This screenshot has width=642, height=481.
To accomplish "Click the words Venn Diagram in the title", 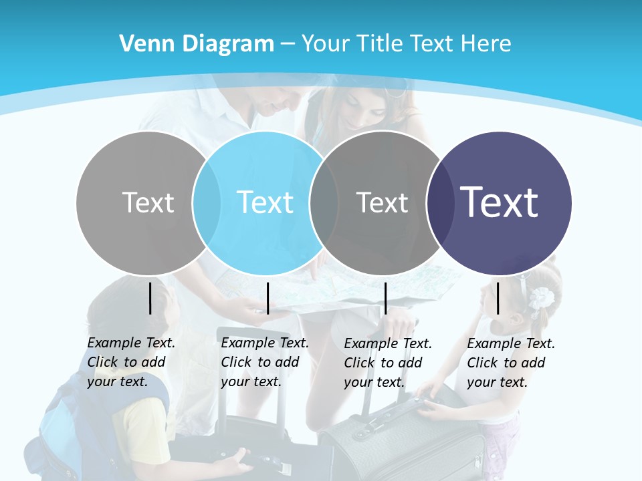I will (197, 43).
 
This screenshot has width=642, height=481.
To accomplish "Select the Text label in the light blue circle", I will (265, 202).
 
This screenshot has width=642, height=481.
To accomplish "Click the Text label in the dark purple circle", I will (500, 202).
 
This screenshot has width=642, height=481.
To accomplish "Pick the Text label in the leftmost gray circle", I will (148, 202).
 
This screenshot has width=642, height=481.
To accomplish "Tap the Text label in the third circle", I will (382, 202).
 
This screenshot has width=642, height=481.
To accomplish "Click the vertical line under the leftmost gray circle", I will (150, 298).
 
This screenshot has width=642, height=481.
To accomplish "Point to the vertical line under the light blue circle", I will (267, 298).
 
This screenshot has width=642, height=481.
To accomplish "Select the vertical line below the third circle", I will (385, 298).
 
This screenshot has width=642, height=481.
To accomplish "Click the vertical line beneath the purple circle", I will (498, 298).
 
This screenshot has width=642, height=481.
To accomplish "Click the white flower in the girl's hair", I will (542, 298).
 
